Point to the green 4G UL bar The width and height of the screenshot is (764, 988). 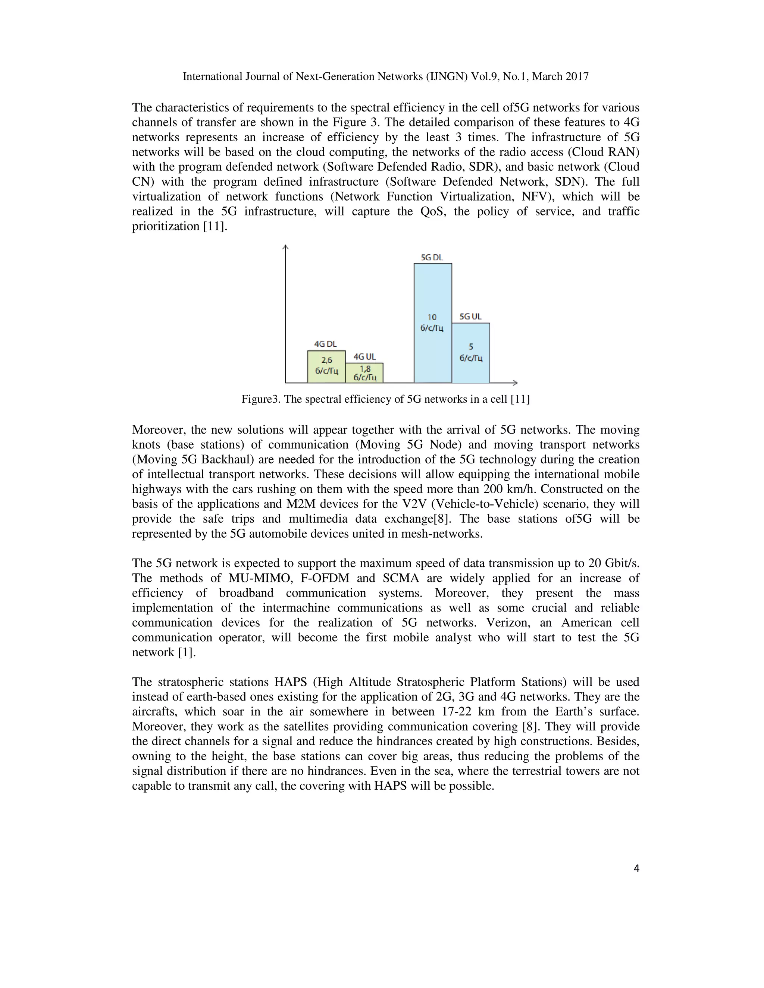point(364,373)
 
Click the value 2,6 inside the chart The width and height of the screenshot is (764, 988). point(326,360)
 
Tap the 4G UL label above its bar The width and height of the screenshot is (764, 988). point(364,356)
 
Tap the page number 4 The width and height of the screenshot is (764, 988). point(636,868)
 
